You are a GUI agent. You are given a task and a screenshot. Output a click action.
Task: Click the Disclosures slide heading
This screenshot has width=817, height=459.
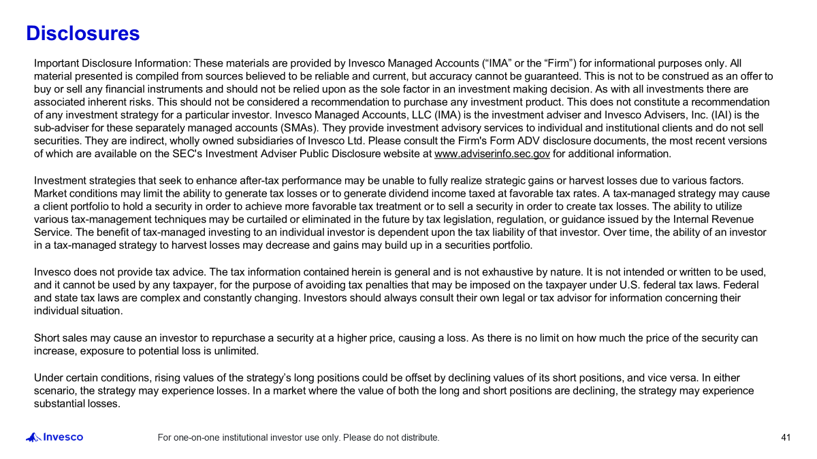click(x=82, y=33)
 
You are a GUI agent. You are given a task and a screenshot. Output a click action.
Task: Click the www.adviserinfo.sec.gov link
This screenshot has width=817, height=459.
click(x=492, y=154)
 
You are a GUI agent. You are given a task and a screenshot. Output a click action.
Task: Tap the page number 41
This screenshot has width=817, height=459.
click(x=786, y=437)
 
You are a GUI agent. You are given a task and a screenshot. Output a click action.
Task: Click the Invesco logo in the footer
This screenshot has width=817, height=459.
click(x=55, y=437)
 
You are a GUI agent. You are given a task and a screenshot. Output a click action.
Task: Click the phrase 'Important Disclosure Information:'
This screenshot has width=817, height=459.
click(x=112, y=63)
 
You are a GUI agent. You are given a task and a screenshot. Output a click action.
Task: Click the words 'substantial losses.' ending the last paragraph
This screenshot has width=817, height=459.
click(x=77, y=404)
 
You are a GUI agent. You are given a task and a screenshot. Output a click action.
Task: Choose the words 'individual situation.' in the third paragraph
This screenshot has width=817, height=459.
click(x=78, y=311)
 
